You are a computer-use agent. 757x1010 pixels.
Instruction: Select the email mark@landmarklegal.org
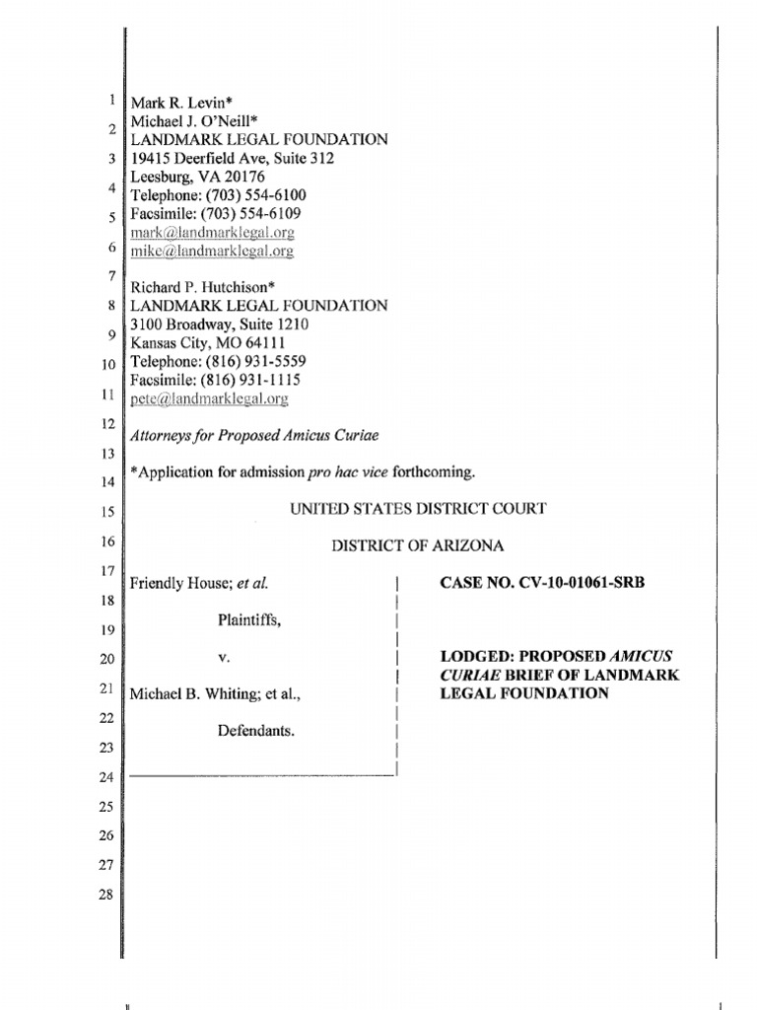point(212,233)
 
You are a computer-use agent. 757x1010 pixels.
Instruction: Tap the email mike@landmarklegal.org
point(212,252)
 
